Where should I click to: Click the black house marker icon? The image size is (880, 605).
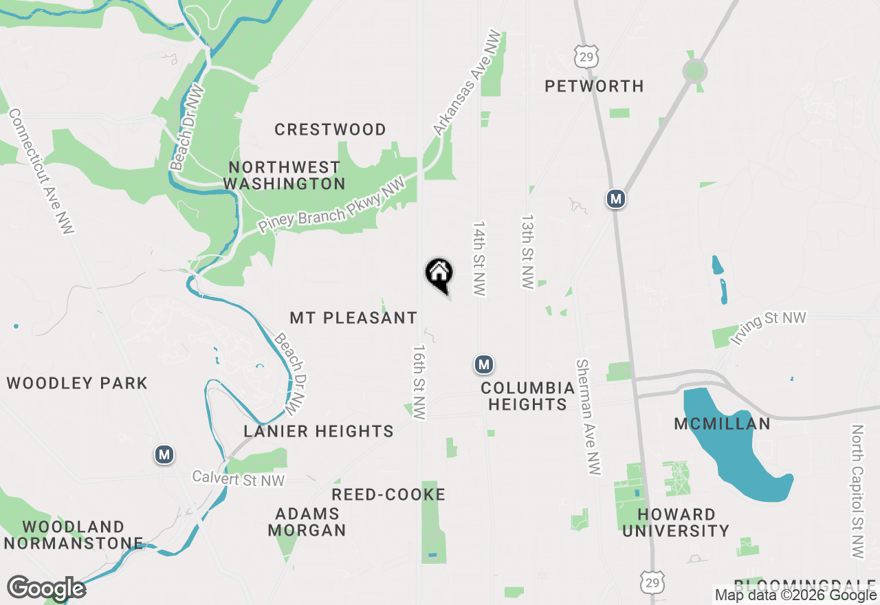click(x=439, y=273)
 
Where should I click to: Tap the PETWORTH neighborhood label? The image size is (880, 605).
click(x=594, y=86)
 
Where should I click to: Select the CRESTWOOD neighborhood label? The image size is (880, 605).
click(x=330, y=129)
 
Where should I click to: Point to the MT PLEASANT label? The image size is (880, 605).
click(x=353, y=318)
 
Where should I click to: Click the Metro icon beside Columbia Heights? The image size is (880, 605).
click(x=484, y=364)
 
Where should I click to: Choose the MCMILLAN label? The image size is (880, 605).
click(x=723, y=423)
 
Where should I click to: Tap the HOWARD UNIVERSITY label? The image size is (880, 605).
click(x=676, y=522)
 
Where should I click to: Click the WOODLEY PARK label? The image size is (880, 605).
click(x=77, y=383)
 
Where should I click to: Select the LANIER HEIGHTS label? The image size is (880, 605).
click(x=319, y=431)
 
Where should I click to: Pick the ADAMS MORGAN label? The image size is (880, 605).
click(x=307, y=522)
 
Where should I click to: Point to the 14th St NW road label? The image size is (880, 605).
click(x=479, y=258)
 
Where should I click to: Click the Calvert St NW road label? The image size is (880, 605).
click(x=238, y=479)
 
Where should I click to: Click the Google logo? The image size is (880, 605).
click(x=46, y=588)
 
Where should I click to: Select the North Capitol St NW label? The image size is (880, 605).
click(x=857, y=491)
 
